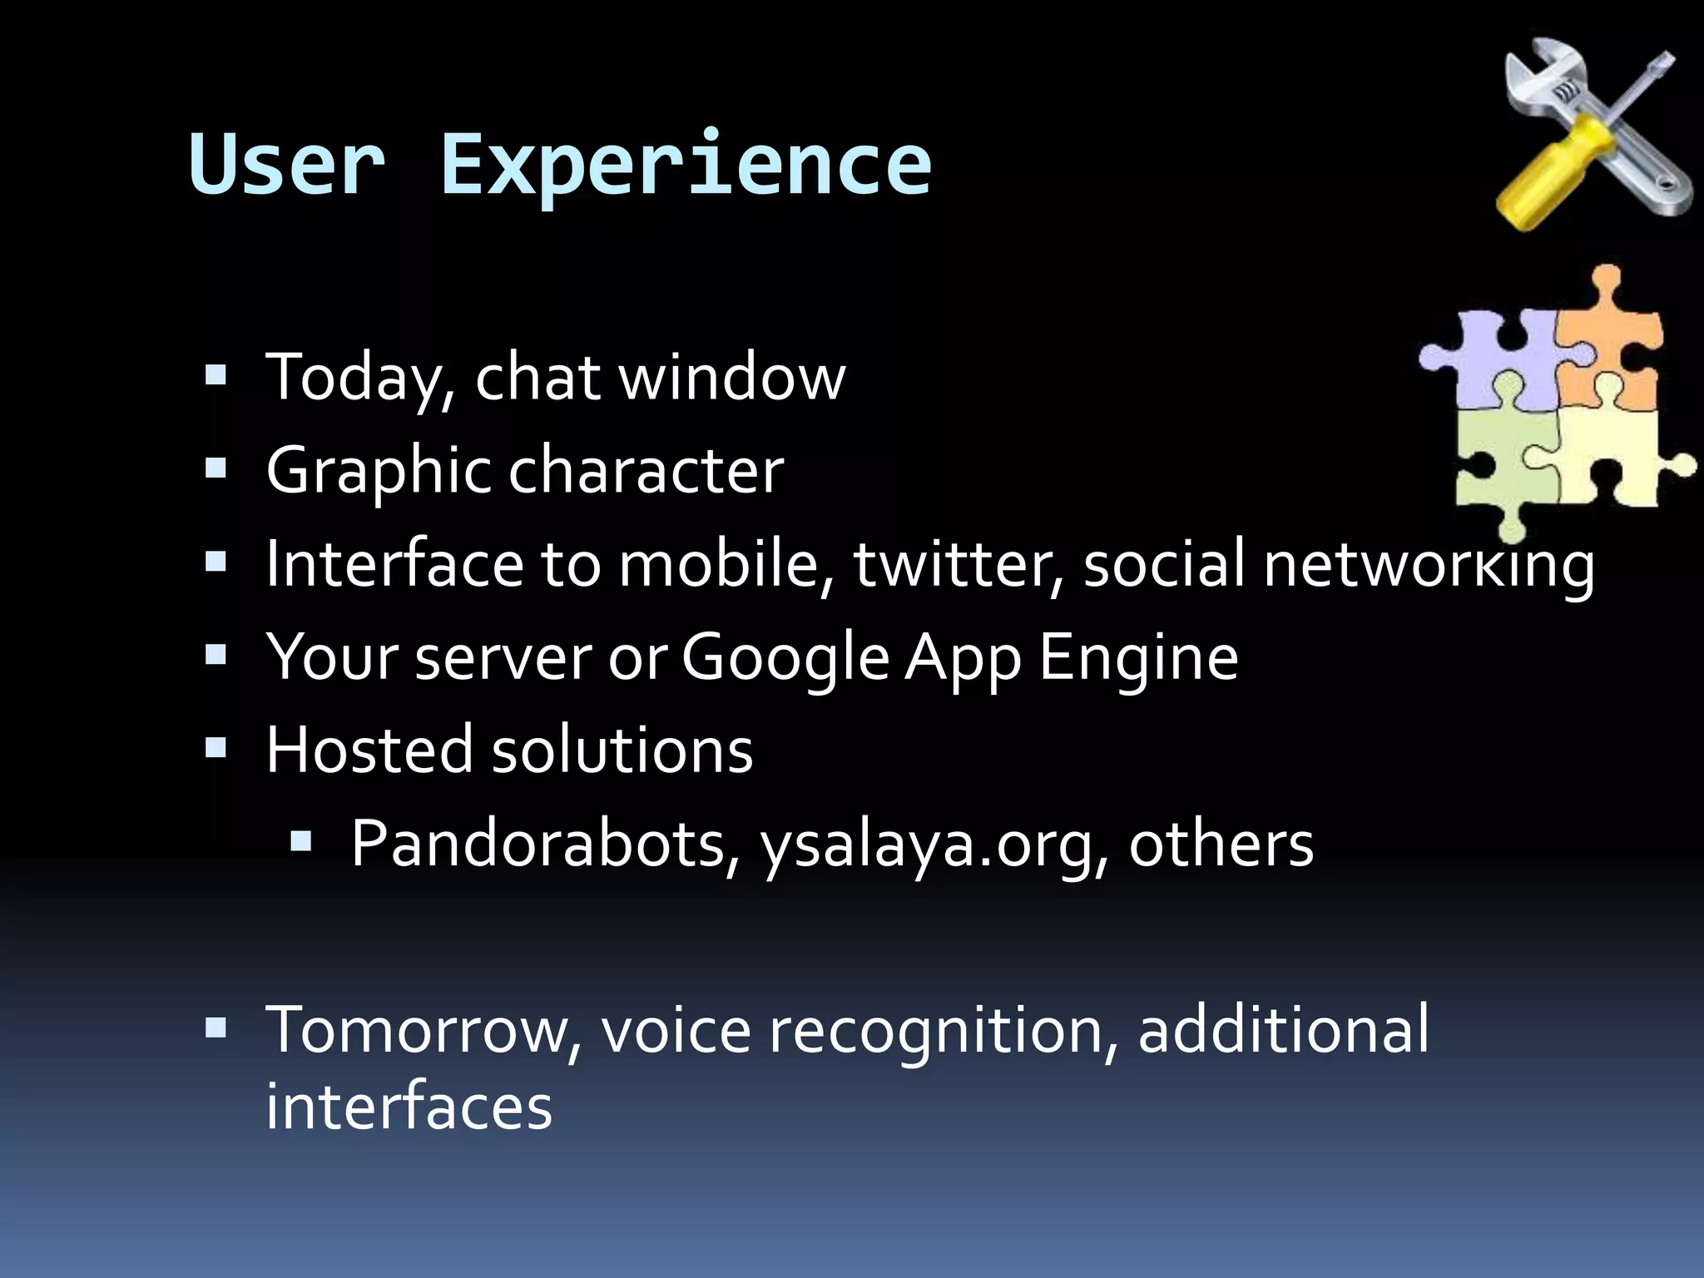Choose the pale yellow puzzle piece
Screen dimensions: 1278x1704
[1614, 458]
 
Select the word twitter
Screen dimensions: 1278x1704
[958, 564]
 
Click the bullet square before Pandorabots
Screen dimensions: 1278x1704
[300, 844]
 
